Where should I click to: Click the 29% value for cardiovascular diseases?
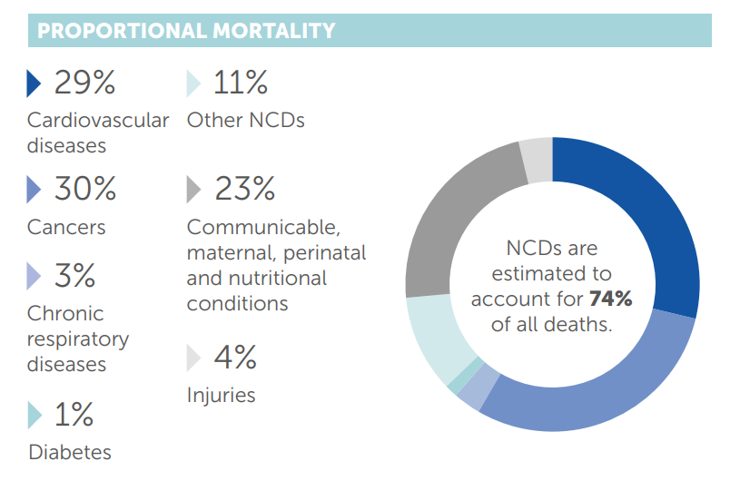(x=84, y=83)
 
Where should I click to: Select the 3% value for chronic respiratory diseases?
(x=75, y=276)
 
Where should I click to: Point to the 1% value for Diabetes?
(x=73, y=415)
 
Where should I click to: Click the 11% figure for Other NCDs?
(x=241, y=83)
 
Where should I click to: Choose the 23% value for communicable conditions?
(x=244, y=189)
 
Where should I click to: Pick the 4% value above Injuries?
(x=235, y=358)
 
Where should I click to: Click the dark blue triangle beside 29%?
(x=35, y=84)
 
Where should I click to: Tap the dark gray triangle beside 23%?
(x=193, y=190)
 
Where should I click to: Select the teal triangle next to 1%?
(x=35, y=416)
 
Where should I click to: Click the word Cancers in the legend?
(x=66, y=227)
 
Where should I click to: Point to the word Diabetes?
(x=70, y=452)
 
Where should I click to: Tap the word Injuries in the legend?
(x=221, y=396)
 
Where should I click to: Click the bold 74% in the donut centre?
(x=609, y=299)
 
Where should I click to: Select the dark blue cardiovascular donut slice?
(x=649, y=209)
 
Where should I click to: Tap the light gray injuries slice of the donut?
(x=536, y=157)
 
